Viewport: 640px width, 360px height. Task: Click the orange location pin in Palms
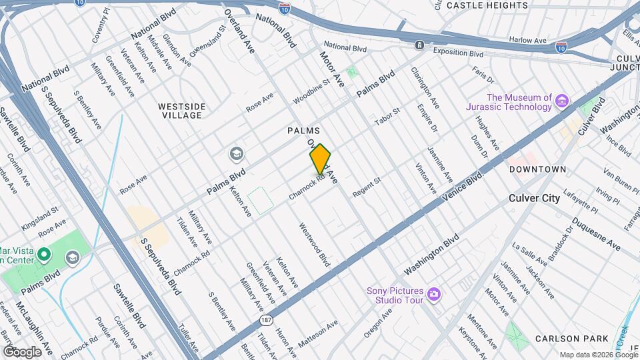tap(320, 159)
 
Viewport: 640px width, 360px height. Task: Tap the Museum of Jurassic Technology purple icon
tap(562, 101)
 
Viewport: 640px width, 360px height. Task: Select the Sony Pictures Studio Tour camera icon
tap(434, 294)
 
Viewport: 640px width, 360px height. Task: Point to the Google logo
tap(22, 351)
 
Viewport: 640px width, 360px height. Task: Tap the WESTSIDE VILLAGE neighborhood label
tap(181, 111)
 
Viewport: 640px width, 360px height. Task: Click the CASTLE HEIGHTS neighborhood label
tap(487, 5)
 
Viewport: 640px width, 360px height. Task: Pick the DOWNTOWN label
tap(537, 169)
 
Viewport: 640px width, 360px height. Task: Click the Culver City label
tap(534, 198)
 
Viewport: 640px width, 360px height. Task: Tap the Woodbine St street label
tap(311, 91)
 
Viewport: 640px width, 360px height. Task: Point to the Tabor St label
tap(387, 116)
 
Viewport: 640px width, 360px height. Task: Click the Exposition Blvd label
tap(457, 51)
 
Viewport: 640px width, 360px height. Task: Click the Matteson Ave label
tap(318, 333)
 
